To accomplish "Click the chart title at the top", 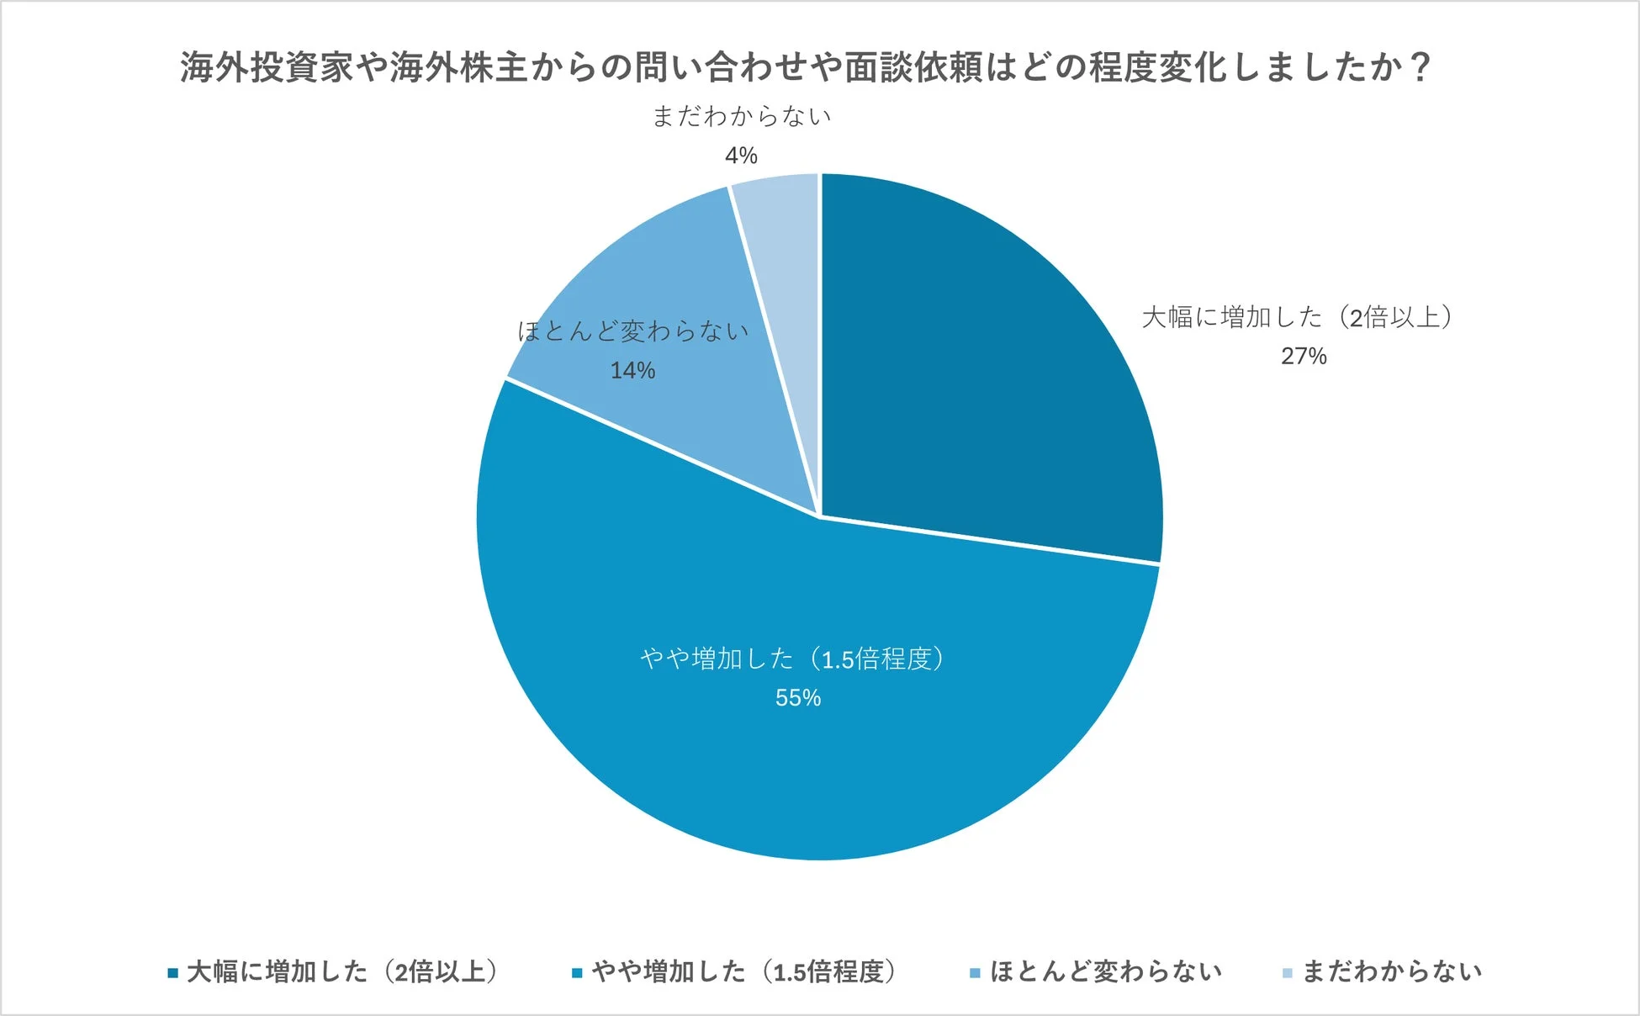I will pyautogui.click(x=805, y=67).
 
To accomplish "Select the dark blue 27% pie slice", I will pyautogui.click(x=992, y=378).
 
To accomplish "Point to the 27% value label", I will pyautogui.click(x=1304, y=357).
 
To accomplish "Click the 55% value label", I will pyautogui.click(x=798, y=698).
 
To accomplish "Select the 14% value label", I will pyautogui.click(x=632, y=371).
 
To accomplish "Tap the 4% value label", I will pyautogui.click(x=741, y=156).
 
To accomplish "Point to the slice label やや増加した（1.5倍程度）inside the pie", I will pyautogui.click(x=792, y=659).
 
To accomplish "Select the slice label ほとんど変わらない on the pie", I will pyautogui.click(x=632, y=331).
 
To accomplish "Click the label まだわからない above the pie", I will pyautogui.click(x=742, y=116).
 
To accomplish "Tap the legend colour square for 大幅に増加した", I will pyautogui.click(x=173, y=973).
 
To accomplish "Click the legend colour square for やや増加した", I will pyautogui.click(x=577, y=973).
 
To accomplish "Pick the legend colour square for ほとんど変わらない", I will pyautogui.click(x=975, y=973).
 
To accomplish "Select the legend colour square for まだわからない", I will pyautogui.click(x=1287, y=973).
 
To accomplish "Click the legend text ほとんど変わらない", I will pyautogui.click(x=1105, y=972).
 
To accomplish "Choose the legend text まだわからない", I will pyautogui.click(x=1392, y=972).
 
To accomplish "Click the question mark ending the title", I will pyautogui.click(x=1420, y=67).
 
